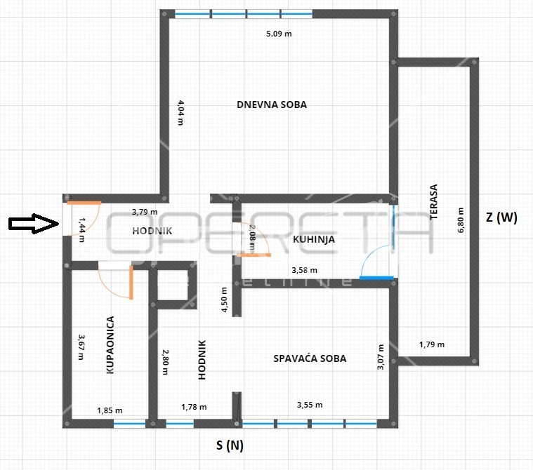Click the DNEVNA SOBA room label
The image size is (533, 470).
(272, 105)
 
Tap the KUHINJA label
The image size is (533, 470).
(314, 239)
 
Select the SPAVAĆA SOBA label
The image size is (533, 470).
(310, 358)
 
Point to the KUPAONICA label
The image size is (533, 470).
(110, 345)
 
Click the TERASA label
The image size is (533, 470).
(433, 202)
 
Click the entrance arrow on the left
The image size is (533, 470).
(34, 224)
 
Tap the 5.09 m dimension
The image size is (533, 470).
(279, 34)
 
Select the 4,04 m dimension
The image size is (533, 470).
(181, 112)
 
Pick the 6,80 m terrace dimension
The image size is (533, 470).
(461, 220)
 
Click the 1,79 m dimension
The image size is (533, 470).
(432, 344)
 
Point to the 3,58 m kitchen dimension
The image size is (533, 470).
(305, 270)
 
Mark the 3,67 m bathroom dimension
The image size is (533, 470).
(81, 347)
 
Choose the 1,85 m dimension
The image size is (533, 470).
(110, 410)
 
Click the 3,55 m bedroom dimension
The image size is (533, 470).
(310, 405)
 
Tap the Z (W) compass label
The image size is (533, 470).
(501, 217)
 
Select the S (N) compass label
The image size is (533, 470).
(230, 445)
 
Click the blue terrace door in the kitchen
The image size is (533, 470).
(376, 278)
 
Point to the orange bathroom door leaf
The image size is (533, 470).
(131, 282)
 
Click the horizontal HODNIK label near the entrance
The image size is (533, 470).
(152, 231)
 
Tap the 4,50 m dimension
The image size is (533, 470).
(224, 300)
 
